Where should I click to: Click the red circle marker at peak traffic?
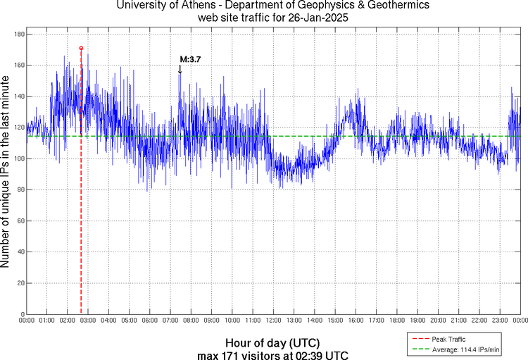(x=81, y=48)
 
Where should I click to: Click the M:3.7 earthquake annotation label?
(x=190, y=60)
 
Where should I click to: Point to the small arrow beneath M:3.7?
(x=180, y=69)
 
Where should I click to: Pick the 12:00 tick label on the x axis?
(x=273, y=321)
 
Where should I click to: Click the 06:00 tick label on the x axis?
(x=150, y=321)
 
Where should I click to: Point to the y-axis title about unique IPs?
(x=6, y=173)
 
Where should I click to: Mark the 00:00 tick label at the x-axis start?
(x=27, y=321)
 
